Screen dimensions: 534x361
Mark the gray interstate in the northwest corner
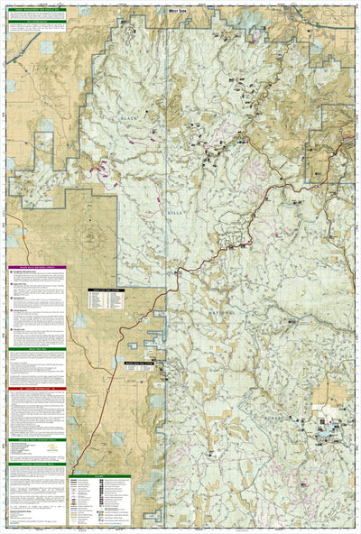coord(27,56)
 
